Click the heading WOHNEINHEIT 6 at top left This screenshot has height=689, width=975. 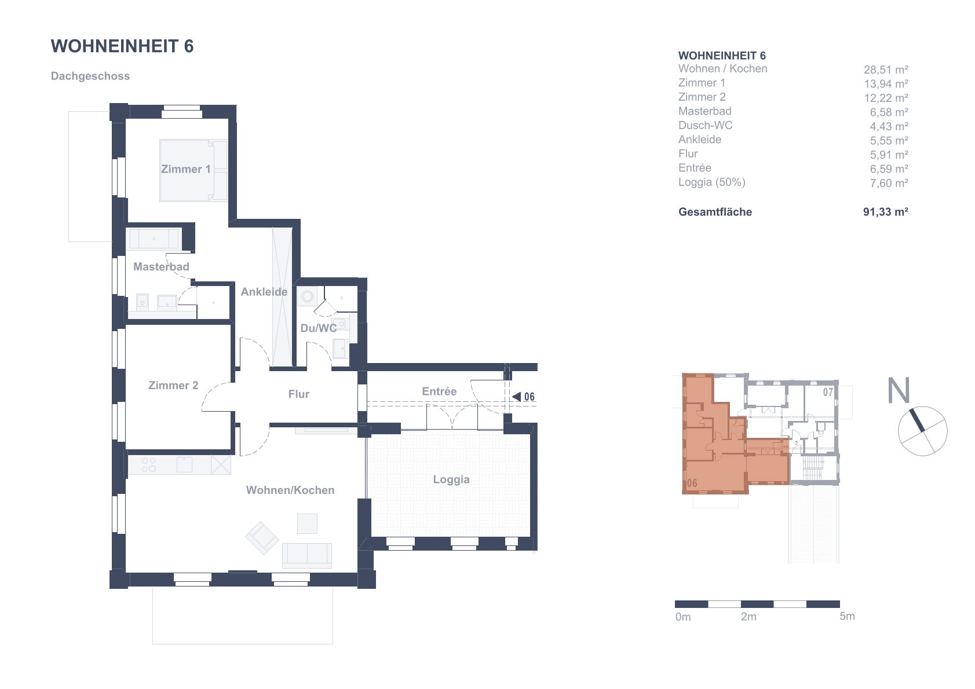(122, 46)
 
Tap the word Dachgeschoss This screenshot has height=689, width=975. (90, 76)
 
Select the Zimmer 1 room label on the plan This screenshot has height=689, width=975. (186, 169)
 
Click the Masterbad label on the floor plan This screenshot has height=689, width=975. (161, 267)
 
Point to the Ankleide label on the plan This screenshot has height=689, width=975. (264, 292)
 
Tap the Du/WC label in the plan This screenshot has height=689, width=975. (319, 328)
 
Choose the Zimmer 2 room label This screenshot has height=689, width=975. (173, 386)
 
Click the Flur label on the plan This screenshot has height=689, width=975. (298, 394)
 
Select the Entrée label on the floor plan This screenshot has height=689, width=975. (439, 391)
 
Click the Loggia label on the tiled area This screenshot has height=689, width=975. (451, 480)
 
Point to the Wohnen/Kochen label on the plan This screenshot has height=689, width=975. (290, 490)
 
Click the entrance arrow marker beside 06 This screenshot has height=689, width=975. (517, 397)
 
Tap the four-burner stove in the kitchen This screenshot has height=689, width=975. (149, 464)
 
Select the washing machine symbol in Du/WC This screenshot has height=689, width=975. (307, 296)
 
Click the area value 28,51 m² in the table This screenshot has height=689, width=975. (886, 69)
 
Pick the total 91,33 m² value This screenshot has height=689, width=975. (886, 212)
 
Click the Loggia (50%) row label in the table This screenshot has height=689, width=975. (711, 182)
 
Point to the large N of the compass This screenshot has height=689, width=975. (899, 390)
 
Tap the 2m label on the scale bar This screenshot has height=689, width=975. (748, 617)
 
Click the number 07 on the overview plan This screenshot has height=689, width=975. (828, 393)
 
